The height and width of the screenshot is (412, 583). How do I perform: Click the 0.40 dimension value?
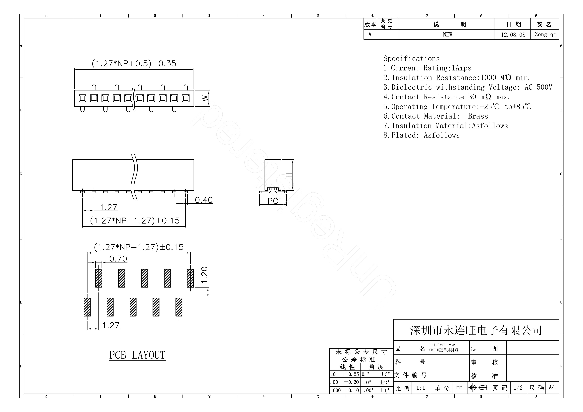[x=204, y=200]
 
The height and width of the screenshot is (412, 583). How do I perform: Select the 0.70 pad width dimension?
[x=118, y=259]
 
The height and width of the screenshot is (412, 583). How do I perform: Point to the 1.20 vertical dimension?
[x=204, y=275]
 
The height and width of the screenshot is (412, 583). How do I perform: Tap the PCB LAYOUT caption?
[x=137, y=355]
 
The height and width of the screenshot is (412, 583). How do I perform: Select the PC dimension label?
[x=273, y=201]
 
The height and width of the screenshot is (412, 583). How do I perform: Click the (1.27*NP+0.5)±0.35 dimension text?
[x=134, y=63]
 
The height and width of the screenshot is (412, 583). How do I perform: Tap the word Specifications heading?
[x=411, y=59]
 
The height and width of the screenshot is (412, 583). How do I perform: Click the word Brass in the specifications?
[x=478, y=116]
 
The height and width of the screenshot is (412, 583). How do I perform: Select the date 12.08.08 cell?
[x=513, y=35]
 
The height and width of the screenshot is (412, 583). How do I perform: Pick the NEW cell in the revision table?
[x=447, y=35]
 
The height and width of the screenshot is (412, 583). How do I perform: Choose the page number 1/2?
[x=518, y=388]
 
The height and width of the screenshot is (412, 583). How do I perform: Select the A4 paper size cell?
[x=552, y=387]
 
